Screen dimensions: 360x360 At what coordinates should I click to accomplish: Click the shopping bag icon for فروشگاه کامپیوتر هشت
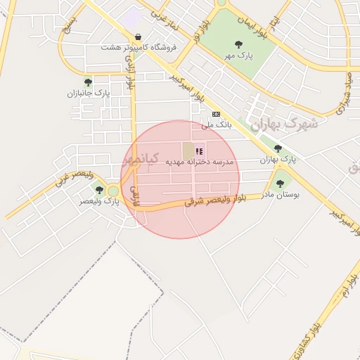pos(137,37)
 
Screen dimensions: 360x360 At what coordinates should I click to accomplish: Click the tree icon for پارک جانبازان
pos(88,82)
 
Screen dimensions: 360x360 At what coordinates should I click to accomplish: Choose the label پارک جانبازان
pos(89,93)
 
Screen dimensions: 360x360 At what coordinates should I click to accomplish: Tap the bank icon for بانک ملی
pos(216,114)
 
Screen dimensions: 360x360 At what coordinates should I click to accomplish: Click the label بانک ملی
pos(216,124)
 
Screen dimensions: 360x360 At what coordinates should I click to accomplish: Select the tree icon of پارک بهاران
pos(278,148)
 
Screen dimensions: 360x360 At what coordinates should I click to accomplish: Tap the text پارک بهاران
pos(278,160)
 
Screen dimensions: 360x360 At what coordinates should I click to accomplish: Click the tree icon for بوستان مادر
pos(280,183)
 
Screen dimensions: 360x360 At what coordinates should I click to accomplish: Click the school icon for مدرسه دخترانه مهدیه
pos(199,150)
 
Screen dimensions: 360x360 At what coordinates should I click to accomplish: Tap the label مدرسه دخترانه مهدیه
pos(199,162)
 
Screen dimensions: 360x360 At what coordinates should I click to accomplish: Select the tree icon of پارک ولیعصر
pos(99,190)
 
